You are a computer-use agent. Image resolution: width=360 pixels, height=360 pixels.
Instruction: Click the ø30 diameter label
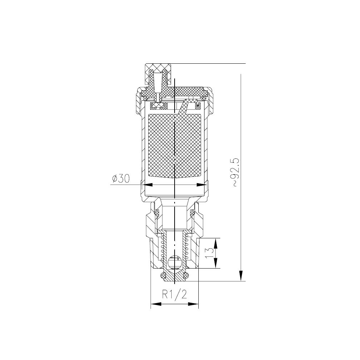[121, 179]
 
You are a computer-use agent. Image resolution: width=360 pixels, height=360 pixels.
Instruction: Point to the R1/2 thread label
[175, 294]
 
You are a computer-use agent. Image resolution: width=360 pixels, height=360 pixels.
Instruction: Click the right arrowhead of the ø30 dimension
[201, 185]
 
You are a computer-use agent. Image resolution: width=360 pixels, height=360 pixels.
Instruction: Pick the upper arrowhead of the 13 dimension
[216, 244]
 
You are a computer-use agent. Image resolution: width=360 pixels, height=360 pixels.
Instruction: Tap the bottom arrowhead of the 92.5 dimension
[241, 275]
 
